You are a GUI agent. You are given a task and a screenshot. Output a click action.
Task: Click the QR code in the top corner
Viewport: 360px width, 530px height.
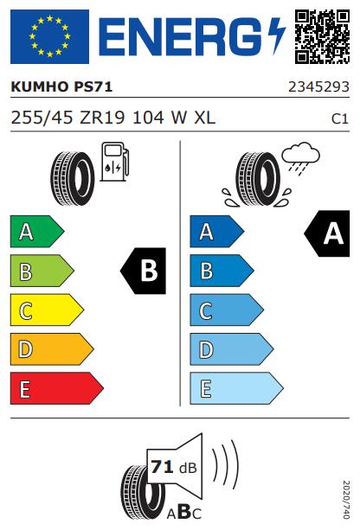[x=322, y=36]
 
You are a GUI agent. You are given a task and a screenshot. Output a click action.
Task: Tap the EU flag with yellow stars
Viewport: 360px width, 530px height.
[x=49, y=36]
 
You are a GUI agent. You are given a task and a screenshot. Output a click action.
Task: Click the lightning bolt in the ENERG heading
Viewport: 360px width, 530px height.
[x=277, y=35]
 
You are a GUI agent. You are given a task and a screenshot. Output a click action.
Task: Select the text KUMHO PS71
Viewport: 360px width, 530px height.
[x=61, y=86]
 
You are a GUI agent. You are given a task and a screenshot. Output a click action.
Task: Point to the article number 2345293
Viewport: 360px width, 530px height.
[x=318, y=86]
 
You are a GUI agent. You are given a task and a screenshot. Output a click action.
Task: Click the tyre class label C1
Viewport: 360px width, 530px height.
[x=340, y=119]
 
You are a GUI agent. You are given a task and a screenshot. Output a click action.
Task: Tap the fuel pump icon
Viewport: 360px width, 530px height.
[x=115, y=162]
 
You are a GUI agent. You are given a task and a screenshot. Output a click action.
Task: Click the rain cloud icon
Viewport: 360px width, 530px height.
[x=301, y=158]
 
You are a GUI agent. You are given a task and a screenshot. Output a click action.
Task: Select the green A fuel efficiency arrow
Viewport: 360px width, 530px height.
[x=37, y=232]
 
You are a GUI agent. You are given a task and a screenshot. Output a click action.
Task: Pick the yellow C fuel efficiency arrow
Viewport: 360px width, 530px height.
[x=47, y=310]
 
